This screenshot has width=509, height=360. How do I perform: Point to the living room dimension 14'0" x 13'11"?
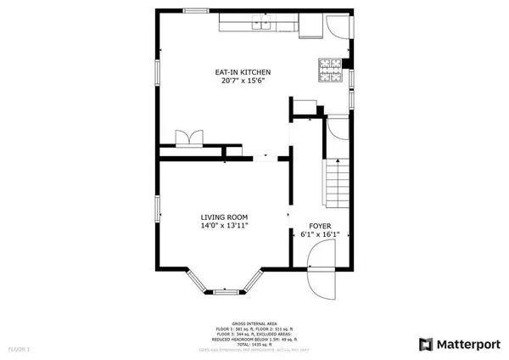(224, 227)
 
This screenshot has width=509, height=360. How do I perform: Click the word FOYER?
(320, 226)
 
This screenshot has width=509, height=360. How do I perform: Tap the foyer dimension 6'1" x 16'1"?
(320, 235)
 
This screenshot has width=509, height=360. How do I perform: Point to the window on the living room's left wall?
(157, 210)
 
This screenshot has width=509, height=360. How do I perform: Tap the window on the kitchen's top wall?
(197, 11)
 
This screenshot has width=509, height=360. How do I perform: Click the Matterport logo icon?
(427, 344)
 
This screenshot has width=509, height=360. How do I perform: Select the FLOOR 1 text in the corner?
(19, 349)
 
